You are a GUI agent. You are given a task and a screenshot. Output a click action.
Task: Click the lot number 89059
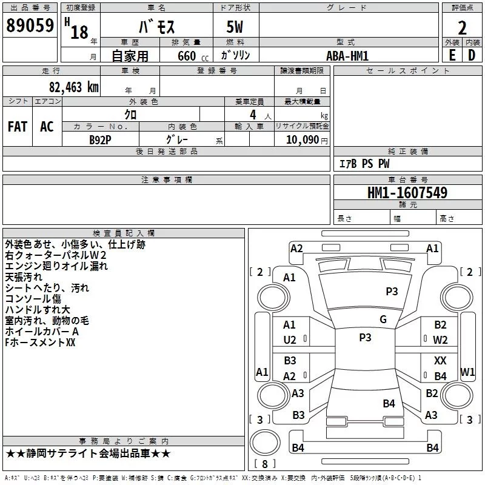30,25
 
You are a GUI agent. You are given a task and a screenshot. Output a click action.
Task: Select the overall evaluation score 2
462,27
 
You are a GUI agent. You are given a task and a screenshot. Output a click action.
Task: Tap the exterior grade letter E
452,55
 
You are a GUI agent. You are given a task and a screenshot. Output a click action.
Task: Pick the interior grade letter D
472,55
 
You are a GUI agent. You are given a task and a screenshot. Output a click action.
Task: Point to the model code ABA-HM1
347,55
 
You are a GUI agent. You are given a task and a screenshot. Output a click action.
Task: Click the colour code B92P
101,139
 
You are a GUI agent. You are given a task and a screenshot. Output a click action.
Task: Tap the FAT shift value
18,126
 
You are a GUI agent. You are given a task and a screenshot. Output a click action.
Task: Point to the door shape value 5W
236,28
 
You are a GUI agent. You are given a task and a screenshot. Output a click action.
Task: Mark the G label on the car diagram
383,319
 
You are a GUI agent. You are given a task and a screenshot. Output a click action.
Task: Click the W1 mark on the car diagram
467,371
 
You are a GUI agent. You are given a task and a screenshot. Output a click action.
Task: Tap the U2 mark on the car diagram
290,340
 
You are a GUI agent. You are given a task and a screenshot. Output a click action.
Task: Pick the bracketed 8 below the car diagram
264,464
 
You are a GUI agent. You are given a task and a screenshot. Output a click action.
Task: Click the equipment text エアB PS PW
364,164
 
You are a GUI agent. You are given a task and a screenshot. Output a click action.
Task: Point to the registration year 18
79,32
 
